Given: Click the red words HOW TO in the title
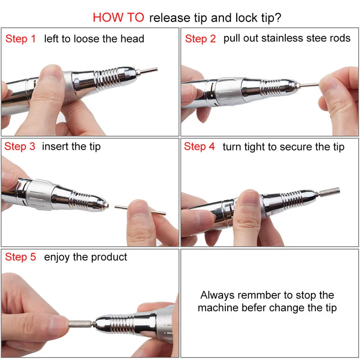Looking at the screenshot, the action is coord(118,18).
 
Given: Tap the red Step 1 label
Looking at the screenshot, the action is coord(21,39).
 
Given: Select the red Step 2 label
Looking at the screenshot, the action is coord(200,39).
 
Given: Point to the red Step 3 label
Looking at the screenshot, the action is coord(20,146).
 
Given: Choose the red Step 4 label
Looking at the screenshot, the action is coord(199,146).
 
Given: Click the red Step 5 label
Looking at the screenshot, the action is coord(20,256).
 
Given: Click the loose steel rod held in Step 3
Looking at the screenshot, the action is coord(140,210).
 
